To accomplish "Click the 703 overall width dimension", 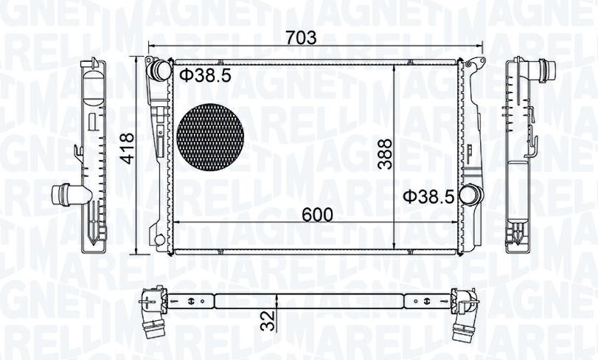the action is (x=302, y=38).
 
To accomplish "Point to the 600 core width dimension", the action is (x=317, y=215).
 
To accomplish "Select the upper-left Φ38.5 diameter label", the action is (x=205, y=76).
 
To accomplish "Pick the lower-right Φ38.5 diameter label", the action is (x=429, y=197).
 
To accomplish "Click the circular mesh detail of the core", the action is (x=210, y=137).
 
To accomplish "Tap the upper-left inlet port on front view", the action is (x=159, y=69).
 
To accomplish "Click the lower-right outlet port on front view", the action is (x=468, y=194).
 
